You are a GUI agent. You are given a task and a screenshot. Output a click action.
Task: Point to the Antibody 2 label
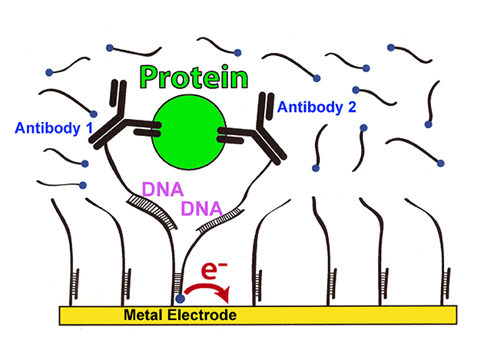pyautogui.click(x=317, y=107)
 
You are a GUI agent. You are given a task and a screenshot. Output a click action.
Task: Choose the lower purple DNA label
pyautogui.click(x=201, y=208)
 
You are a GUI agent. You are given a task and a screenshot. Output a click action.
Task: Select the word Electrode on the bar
pyautogui.click(x=203, y=315)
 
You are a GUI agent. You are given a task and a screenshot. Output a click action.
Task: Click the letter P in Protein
pyautogui.click(x=149, y=77)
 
